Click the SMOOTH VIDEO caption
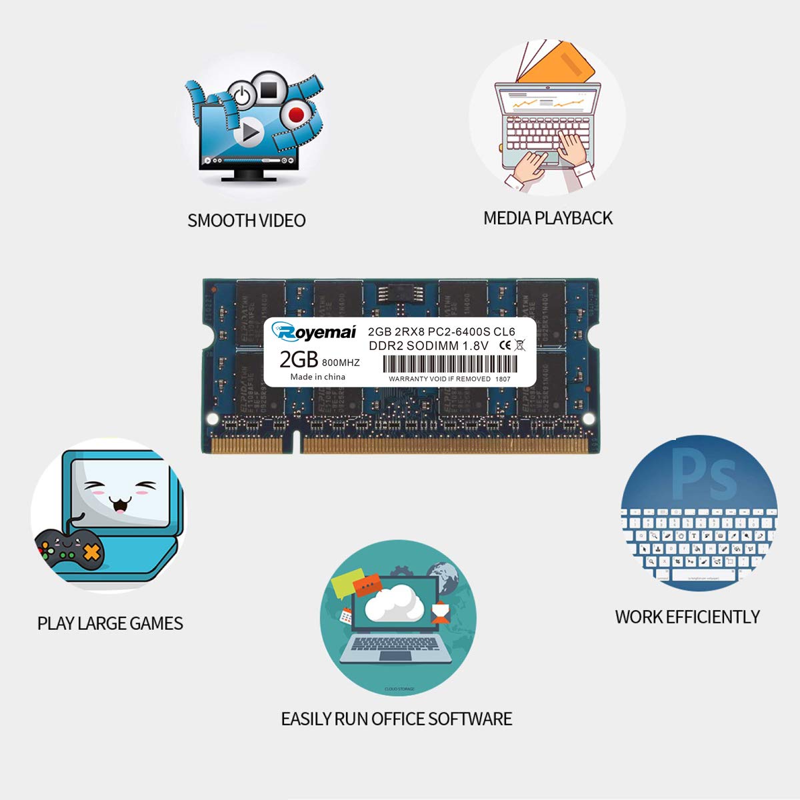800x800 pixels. (x=246, y=221)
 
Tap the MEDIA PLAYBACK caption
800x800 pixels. (x=547, y=218)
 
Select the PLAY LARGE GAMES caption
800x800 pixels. (x=110, y=623)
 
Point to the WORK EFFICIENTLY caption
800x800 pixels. (x=687, y=617)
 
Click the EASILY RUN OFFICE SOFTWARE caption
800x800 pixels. (x=397, y=719)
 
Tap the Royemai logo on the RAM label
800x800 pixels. (x=314, y=331)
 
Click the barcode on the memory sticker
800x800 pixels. (x=449, y=364)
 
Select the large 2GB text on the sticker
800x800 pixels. (x=298, y=359)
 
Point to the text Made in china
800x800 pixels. (x=318, y=377)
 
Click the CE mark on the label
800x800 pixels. (x=505, y=345)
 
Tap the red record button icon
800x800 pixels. (x=296, y=115)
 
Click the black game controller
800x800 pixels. (x=69, y=549)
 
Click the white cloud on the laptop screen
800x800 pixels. (x=395, y=603)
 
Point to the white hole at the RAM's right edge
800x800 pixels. (x=589, y=419)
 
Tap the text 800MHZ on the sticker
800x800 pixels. (x=341, y=363)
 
